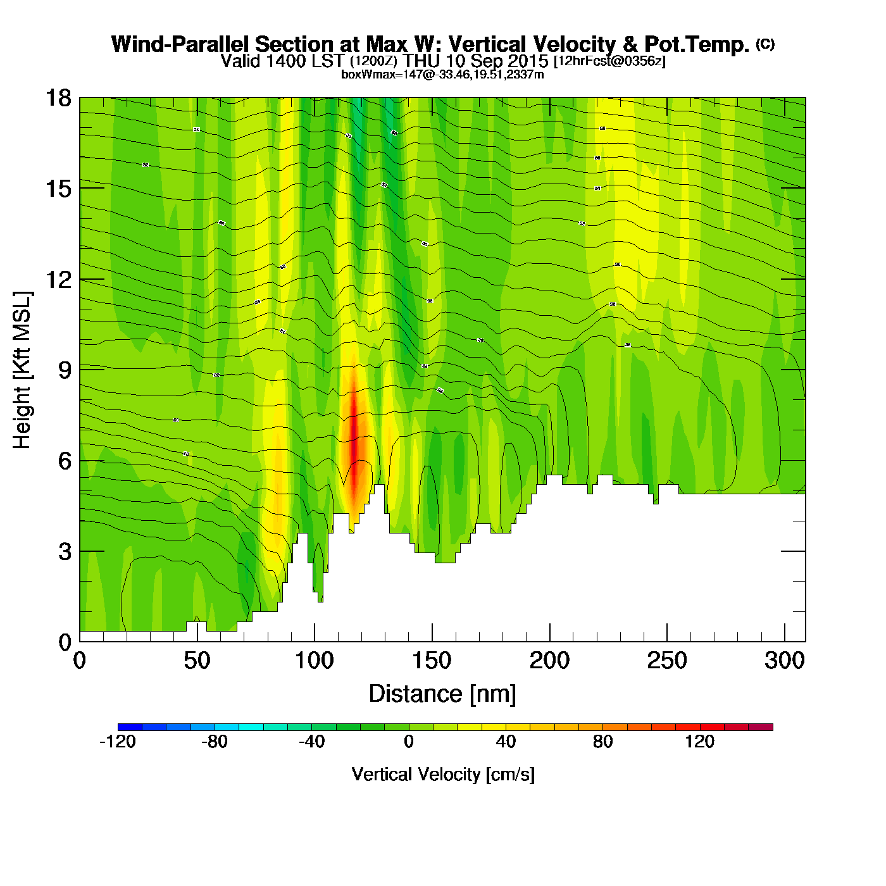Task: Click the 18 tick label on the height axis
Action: [58, 99]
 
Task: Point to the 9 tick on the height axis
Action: [65, 370]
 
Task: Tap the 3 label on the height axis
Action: [65, 552]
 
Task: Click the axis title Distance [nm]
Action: [442, 694]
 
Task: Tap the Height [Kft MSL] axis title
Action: [23, 370]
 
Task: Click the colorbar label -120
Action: [118, 742]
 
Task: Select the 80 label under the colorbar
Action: [602, 742]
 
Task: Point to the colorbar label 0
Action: [409, 742]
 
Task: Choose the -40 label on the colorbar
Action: [311, 742]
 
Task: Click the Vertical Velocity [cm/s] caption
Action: [442, 774]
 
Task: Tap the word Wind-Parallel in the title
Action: [181, 44]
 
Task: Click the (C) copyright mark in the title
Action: [765, 43]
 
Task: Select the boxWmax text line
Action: [442, 75]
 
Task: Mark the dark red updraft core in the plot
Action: [354, 437]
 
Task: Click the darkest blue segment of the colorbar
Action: [130, 727]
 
